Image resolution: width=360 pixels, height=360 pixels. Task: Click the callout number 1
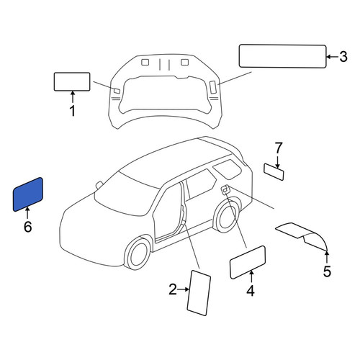(72, 111)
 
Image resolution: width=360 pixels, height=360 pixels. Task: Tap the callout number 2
(173, 289)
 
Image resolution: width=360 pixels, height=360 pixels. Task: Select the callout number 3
(343, 57)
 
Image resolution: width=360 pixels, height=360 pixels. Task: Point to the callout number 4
(251, 291)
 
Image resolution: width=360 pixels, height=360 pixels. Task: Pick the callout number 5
(327, 271)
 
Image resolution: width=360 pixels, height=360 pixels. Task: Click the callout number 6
(27, 227)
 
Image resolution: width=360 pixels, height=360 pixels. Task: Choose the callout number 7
(278, 148)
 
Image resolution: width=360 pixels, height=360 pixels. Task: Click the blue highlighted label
(28, 194)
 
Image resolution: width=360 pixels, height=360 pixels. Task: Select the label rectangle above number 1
(72, 81)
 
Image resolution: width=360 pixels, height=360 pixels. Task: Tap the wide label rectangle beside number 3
(283, 56)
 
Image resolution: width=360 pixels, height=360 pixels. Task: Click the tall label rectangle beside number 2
(199, 293)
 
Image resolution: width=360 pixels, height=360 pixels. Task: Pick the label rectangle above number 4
(248, 262)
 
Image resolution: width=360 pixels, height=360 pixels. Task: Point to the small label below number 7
(274, 172)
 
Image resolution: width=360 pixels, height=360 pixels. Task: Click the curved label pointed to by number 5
(302, 235)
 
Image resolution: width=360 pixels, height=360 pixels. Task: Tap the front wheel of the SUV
(138, 253)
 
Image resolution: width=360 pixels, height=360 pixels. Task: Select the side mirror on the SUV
(99, 184)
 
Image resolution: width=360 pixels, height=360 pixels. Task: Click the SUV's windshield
(127, 194)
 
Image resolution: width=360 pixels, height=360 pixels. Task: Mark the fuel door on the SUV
(225, 189)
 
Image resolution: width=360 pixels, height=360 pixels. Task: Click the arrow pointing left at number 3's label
(333, 57)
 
